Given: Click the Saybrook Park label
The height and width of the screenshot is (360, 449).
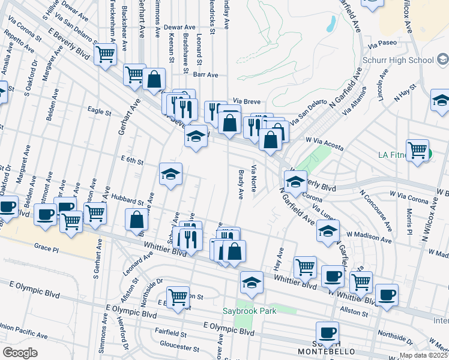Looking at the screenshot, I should pyautogui.click(x=250, y=311).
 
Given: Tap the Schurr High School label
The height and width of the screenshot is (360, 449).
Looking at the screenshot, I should pyautogui.click(x=398, y=60).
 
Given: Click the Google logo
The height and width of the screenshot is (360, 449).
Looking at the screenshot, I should pyautogui.click(x=20, y=353).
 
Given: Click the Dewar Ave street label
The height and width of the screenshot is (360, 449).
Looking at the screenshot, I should pyautogui.click(x=181, y=28).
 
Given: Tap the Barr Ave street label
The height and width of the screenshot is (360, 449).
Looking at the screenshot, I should pyautogui.click(x=205, y=75).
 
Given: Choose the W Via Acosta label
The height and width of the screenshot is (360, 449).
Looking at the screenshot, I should pyautogui.click(x=324, y=139).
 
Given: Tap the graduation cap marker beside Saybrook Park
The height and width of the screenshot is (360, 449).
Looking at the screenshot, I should pyautogui.click(x=252, y=281).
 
